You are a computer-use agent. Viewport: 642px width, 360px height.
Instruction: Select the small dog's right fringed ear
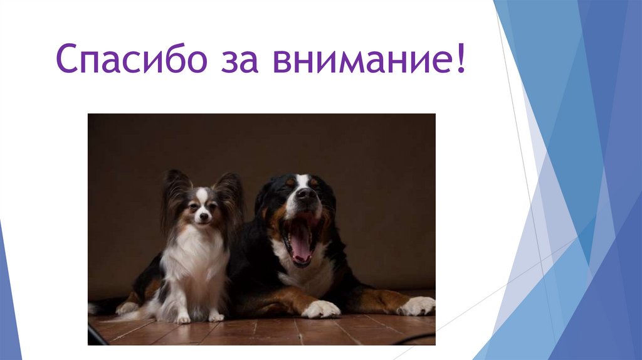point(230,191)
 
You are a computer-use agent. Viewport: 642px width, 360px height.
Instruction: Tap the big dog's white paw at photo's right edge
point(417,306)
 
